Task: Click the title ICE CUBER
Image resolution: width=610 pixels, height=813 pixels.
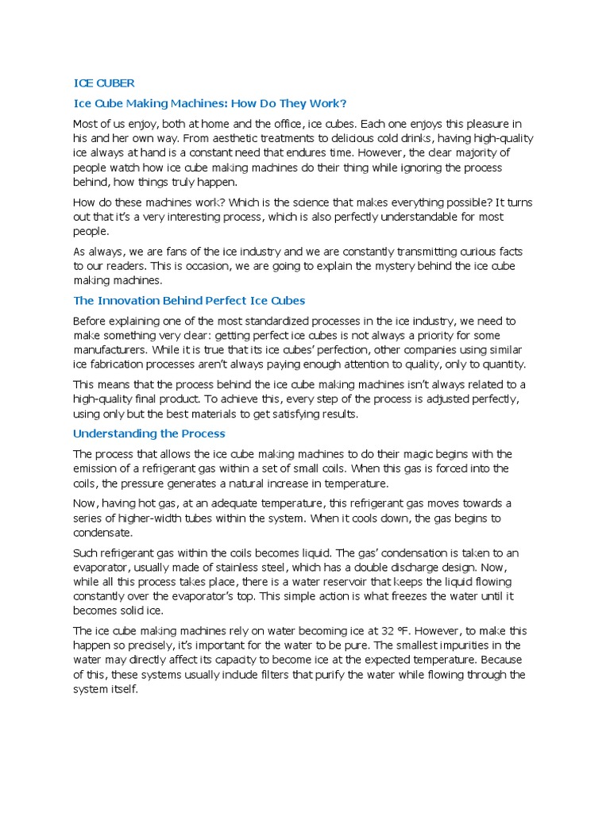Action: tap(104, 83)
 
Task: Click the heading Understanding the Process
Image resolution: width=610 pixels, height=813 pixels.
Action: tap(149, 433)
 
